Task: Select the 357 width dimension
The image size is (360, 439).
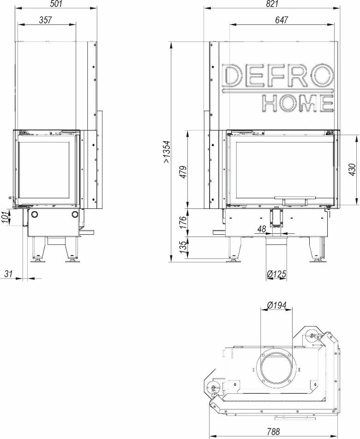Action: pyautogui.click(x=46, y=20)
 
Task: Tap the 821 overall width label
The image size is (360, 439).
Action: pyautogui.click(x=272, y=4)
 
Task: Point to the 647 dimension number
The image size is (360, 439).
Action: pyautogui.click(x=282, y=20)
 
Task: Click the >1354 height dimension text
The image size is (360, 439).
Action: pyautogui.click(x=167, y=152)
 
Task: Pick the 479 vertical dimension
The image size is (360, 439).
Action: pyautogui.click(x=183, y=172)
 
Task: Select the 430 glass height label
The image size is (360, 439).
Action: pyautogui.click(x=353, y=170)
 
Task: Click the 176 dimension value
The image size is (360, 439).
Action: pyautogui.click(x=183, y=222)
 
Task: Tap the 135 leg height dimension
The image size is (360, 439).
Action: pyautogui.click(x=183, y=247)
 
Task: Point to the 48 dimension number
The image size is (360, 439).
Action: pyautogui.click(x=262, y=229)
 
